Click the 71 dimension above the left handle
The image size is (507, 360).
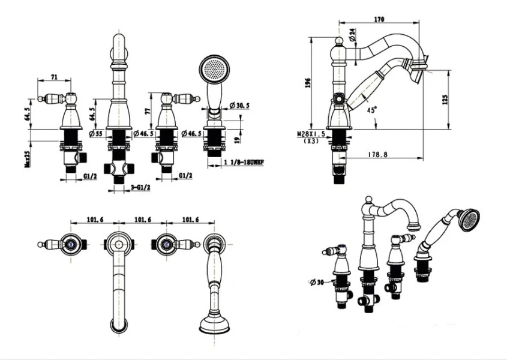tap(53, 77)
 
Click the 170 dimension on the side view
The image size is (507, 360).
tap(379, 19)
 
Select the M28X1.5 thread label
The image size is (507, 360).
tap(311, 135)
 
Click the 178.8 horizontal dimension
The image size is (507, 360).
tap(377, 154)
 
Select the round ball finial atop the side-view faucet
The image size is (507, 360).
tap(338, 41)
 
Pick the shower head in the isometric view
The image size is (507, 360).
tap(468, 219)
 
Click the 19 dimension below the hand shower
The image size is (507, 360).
tap(238, 139)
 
